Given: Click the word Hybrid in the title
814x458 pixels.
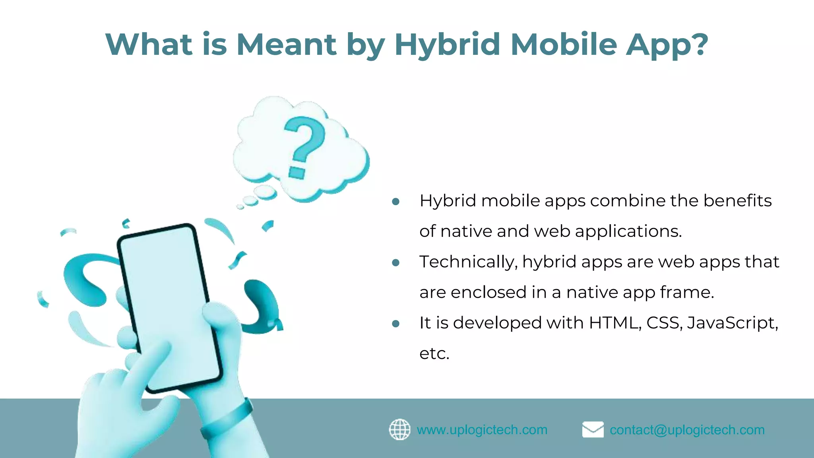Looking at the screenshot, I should [x=447, y=45].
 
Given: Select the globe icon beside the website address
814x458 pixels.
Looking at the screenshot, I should [x=399, y=429].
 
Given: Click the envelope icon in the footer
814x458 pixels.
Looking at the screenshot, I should [x=593, y=429].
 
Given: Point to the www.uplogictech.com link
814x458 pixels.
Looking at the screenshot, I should [x=482, y=430].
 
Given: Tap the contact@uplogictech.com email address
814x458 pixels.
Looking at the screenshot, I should [x=687, y=430].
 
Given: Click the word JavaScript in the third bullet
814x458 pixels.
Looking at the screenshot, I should [x=732, y=323].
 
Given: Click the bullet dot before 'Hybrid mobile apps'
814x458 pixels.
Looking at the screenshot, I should [x=395, y=202].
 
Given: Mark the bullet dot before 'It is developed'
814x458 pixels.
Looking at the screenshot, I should [x=395, y=324].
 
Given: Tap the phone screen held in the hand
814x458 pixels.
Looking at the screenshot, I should [x=169, y=302].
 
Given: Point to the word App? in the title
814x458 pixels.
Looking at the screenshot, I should [x=667, y=45].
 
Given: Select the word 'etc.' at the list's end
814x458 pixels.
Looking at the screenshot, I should [x=434, y=353].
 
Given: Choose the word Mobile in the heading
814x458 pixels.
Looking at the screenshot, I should [x=564, y=45].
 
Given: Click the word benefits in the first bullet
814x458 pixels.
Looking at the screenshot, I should [x=737, y=201].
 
